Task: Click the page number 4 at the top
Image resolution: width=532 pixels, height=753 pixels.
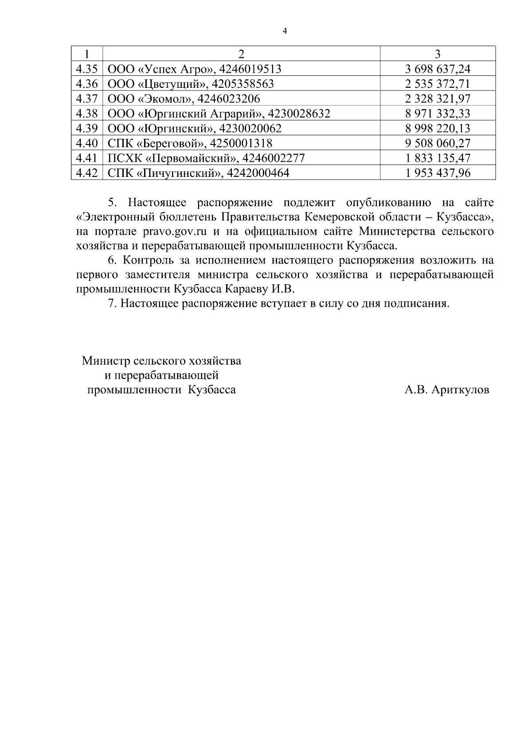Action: point(285,31)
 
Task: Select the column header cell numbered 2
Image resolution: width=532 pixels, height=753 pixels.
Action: point(241,54)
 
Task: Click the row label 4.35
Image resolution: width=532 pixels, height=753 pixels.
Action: point(86,69)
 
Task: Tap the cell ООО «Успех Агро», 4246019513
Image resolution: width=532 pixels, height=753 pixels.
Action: point(195,69)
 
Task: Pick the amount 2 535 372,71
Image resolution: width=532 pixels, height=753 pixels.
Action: point(438,84)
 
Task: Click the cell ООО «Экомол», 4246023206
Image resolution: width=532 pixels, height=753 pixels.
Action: point(184,98)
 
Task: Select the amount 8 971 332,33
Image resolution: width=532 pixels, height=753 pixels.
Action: point(438,114)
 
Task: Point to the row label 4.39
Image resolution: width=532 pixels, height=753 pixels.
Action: point(86,129)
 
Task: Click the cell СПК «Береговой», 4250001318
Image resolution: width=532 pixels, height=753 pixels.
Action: point(190,143)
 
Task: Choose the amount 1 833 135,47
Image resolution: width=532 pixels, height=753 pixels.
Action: point(438,158)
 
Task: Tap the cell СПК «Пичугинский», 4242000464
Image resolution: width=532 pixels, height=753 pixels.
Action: point(198,173)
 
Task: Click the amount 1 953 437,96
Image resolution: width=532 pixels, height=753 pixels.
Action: point(438,173)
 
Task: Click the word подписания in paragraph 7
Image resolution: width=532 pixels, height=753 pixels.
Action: point(416,304)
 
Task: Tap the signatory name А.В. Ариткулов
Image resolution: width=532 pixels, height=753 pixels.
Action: point(446,390)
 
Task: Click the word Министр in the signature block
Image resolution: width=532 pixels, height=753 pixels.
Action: point(105,361)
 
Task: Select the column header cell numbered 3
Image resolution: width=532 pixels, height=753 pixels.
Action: point(438,54)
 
